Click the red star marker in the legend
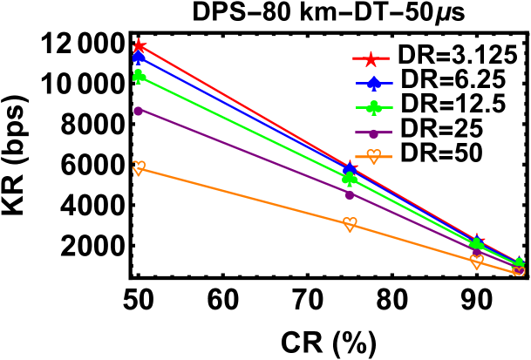(x=371, y=59)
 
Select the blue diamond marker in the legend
(x=374, y=84)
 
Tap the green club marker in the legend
(x=374, y=108)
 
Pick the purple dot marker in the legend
(x=373, y=133)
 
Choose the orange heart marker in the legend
(x=374, y=157)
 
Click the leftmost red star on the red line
(x=139, y=45)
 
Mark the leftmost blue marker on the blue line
(x=139, y=58)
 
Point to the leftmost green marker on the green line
(x=139, y=77)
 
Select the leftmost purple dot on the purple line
(x=138, y=111)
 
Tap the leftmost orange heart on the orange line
(x=139, y=167)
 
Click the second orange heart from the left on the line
(x=350, y=224)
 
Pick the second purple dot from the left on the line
(x=350, y=194)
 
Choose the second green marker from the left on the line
(x=350, y=179)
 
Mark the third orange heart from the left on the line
(x=476, y=261)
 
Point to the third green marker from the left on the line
(x=476, y=245)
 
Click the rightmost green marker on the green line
(x=519, y=263)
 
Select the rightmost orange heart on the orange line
(x=519, y=272)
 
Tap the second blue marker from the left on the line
(x=350, y=170)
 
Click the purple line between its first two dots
(x=244, y=153)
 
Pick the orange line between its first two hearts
(x=244, y=196)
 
